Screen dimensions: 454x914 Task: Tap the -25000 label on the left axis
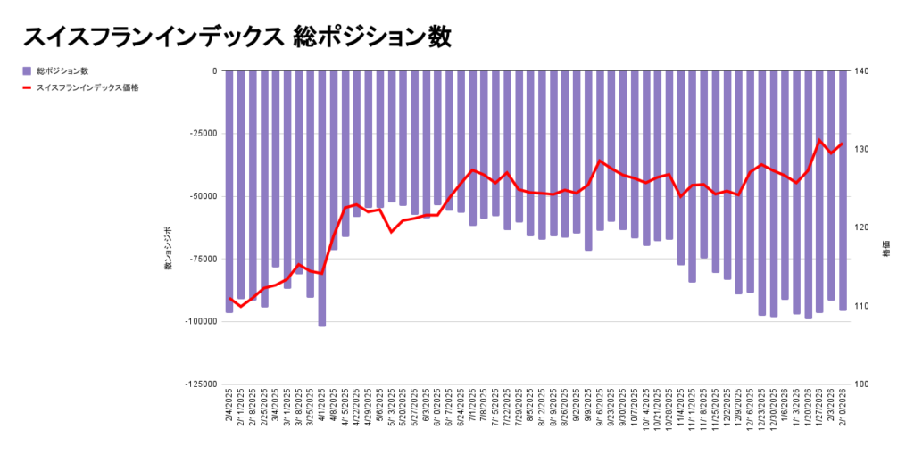click(x=202, y=134)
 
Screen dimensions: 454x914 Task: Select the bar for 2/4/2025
click(x=229, y=191)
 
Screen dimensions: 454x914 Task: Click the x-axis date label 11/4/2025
click(x=682, y=407)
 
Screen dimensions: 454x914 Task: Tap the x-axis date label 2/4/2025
click(x=230, y=407)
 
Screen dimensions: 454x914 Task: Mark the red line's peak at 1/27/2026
click(x=819, y=140)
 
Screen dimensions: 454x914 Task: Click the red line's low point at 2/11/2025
click(x=241, y=306)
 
